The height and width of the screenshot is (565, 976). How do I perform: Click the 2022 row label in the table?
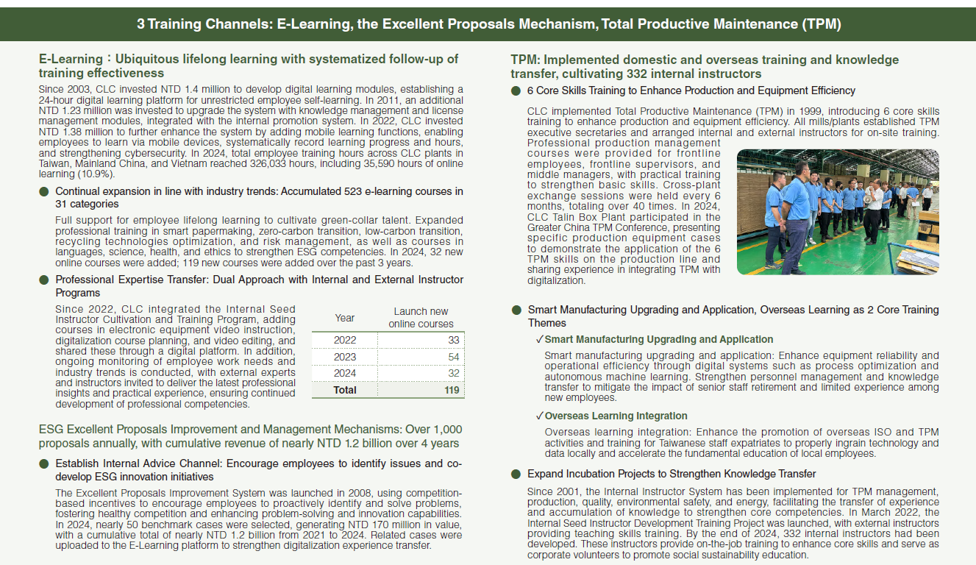(344, 340)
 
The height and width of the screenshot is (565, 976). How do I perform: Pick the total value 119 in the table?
(452, 390)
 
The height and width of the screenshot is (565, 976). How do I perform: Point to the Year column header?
(344, 318)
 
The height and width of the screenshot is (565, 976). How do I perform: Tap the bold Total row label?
(344, 390)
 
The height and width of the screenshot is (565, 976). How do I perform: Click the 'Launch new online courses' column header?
(421, 318)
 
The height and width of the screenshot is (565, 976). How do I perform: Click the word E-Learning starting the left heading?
(70, 59)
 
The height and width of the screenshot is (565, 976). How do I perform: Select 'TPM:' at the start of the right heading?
(525, 60)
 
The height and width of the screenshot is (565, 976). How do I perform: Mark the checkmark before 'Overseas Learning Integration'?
(539, 416)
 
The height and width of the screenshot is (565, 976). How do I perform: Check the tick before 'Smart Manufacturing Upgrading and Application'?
(539, 339)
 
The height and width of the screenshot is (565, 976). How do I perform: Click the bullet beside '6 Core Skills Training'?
(516, 90)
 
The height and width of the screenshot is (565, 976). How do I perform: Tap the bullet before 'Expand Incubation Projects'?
(516, 474)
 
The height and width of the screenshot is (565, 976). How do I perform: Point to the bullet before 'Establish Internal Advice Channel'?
(44, 463)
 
